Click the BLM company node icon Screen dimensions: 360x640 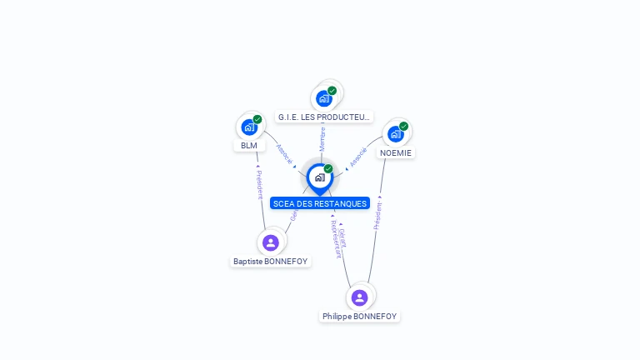point(249,127)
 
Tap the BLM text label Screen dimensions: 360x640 point(249,146)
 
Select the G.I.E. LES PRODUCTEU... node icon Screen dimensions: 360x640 point(324,98)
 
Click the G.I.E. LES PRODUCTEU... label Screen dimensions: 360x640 point(324,117)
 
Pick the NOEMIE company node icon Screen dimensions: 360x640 point(396,133)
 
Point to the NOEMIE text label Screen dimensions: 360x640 point(396,153)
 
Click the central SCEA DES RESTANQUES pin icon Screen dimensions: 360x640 point(320,177)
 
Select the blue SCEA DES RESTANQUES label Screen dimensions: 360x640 point(320,203)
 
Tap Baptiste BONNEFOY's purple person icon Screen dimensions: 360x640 point(270,242)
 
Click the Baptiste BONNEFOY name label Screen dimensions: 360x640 point(270,262)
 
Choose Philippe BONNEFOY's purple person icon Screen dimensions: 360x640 point(359,297)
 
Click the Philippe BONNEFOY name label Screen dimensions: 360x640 point(360,317)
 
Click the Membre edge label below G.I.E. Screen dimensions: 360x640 point(322,138)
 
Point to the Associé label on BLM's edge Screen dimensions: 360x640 point(284,153)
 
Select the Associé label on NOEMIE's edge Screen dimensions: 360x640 point(358,157)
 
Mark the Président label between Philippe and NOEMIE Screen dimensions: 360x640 point(377,215)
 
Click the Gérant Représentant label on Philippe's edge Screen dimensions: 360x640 point(337,240)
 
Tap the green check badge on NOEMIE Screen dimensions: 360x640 point(403,127)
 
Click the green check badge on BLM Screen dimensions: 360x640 point(257,119)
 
